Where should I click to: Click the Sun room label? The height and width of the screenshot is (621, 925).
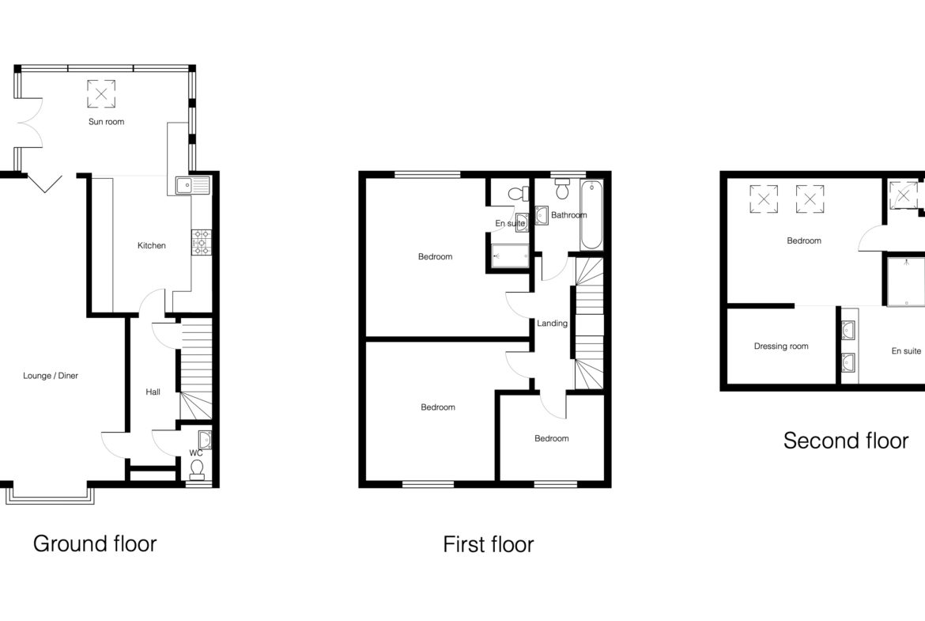tap(106, 122)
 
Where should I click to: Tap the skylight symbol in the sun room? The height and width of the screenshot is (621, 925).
tap(101, 94)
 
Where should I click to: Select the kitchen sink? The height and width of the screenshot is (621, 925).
tap(193, 185)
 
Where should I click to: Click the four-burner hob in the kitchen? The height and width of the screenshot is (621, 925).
tap(201, 242)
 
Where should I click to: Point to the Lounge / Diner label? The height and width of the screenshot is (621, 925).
tap(51, 376)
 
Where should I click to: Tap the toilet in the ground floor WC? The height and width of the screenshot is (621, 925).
tap(196, 468)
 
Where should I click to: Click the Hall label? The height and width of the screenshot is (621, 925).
tap(153, 392)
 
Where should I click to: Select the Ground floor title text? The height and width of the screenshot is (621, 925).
tap(95, 543)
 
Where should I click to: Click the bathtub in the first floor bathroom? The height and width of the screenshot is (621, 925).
tap(591, 215)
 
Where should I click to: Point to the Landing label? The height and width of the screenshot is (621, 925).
tap(552, 323)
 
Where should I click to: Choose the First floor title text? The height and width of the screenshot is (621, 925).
tap(489, 543)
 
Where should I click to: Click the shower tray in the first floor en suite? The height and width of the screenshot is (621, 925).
tap(511, 257)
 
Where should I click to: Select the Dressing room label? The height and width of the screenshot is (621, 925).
tap(781, 346)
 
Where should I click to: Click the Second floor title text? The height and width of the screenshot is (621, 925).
tap(846, 441)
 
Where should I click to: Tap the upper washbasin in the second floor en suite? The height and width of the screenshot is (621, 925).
tap(848, 330)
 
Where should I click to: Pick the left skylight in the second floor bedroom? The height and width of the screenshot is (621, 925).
tap(764, 199)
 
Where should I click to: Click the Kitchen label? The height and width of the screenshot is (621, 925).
tap(152, 245)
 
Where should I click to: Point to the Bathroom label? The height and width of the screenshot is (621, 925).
tap(568, 215)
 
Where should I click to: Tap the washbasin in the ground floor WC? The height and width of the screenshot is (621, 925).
tap(205, 440)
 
